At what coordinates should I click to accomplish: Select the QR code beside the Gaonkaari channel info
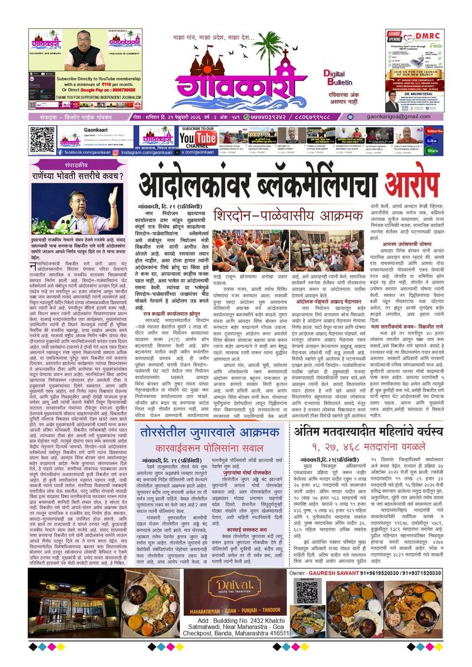pos(42,139)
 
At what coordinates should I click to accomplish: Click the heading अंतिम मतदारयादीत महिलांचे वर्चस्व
pos(368,413)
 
